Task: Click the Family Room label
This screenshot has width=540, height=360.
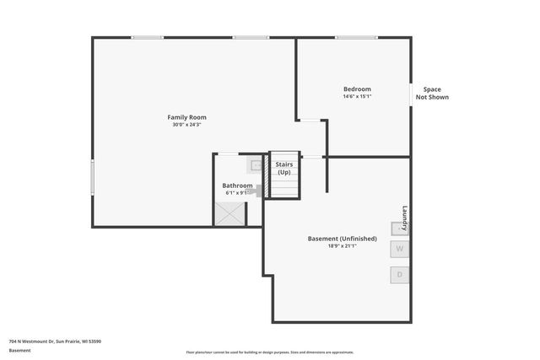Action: (x=186, y=117)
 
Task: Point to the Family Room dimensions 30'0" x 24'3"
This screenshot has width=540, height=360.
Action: (x=186, y=125)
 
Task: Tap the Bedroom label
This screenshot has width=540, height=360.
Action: (x=356, y=89)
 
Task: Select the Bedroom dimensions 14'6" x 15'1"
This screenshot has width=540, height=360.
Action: (x=356, y=97)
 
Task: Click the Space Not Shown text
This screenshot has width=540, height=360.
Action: (x=431, y=94)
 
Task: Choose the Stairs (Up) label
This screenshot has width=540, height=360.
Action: (x=284, y=169)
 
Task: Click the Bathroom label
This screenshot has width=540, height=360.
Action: (x=237, y=185)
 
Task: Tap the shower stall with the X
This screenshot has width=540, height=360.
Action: (x=229, y=214)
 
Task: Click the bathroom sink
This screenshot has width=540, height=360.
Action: (x=256, y=165)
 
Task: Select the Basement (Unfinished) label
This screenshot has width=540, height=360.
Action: (x=342, y=239)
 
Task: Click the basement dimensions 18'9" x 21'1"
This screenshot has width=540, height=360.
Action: (x=342, y=246)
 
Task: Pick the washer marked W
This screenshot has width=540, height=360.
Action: (x=400, y=250)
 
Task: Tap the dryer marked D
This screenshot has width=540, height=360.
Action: (x=400, y=275)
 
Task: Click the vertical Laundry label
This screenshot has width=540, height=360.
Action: (x=405, y=219)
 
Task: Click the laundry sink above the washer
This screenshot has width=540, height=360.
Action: (x=397, y=228)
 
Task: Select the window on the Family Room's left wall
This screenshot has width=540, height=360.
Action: (x=93, y=178)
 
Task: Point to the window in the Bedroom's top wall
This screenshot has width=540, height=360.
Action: (x=355, y=37)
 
